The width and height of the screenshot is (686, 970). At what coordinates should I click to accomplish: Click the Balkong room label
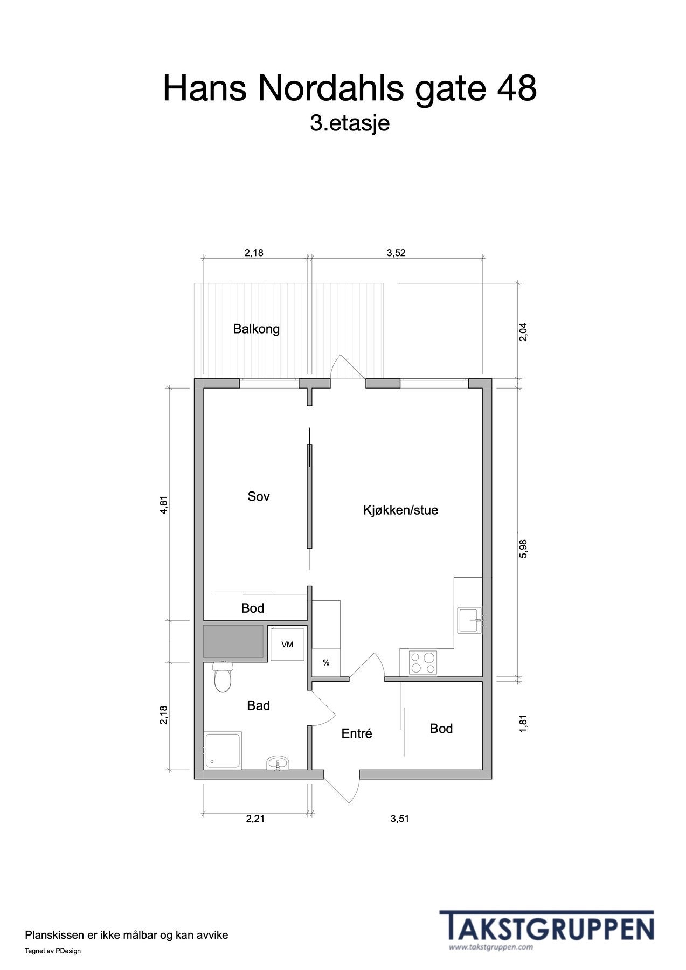coord(256,329)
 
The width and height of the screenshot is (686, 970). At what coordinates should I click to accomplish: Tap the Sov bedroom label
coord(258,496)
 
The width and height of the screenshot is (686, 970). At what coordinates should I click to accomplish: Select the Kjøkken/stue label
coord(400,510)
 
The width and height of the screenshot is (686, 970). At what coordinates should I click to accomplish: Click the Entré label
coord(357,733)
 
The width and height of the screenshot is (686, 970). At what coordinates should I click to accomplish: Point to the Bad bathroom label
coord(258,705)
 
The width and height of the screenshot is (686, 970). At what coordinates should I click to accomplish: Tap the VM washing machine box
coord(287,644)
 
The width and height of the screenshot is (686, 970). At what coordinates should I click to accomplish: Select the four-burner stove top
coord(422,663)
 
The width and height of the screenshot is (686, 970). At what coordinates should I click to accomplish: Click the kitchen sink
coord(469,620)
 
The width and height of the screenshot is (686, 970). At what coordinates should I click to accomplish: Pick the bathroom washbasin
coord(278,763)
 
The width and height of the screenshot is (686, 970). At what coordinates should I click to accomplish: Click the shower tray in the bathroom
coord(223,750)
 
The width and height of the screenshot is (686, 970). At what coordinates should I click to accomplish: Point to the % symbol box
coord(326,663)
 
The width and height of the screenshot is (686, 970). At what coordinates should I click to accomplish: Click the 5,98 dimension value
coord(523,549)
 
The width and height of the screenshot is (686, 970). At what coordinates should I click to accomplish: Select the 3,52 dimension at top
coord(396,253)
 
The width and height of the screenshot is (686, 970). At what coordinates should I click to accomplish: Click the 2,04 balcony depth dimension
coord(523,331)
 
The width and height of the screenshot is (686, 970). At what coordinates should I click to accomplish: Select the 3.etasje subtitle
coord(349,123)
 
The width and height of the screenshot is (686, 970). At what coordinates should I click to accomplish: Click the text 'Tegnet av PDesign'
coord(53,951)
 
